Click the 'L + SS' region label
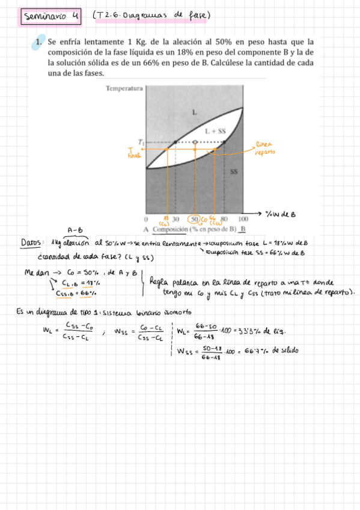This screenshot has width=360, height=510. click(215, 131)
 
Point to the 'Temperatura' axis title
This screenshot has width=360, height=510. click(124, 89)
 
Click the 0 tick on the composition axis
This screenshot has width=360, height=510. click(146, 219)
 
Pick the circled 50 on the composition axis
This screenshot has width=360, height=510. click(194, 219)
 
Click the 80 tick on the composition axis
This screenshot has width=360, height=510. click(224, 219)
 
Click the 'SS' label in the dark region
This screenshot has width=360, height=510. click(234, 171)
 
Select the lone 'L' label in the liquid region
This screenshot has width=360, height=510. click(194, 112)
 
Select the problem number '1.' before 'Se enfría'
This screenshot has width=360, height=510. click(38, 43)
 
